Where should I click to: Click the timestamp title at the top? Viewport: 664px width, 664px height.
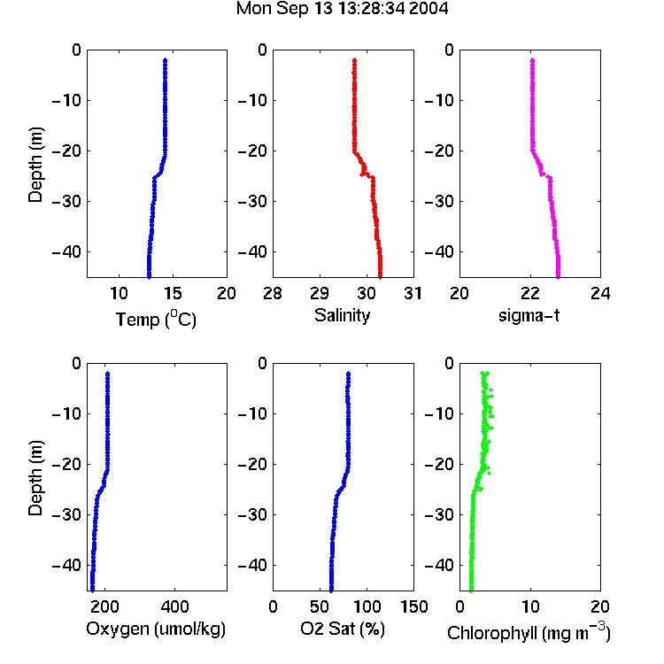[x=342, y=9]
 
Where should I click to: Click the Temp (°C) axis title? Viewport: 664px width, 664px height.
[x=156, y=319]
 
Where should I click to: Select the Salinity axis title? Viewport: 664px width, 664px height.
[x=342, y=315]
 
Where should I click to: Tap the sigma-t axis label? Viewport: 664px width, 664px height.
[x=529, y=315]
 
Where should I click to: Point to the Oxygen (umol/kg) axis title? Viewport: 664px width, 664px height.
[x=156, y=629]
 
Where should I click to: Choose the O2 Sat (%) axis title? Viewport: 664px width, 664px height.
[x=343, y=629]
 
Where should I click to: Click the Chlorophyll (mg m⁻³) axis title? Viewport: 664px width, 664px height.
[x=529, y=632]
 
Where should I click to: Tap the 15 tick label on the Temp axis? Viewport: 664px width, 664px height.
[x=173, y=293]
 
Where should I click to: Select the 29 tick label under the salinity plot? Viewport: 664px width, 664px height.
[x=320, y=293]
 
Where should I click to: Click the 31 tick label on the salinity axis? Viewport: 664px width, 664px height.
[x=413, y=293]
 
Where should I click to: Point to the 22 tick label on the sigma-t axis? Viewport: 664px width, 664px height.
[x=530, y=293]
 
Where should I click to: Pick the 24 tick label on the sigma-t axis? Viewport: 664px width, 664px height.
[x=600, y=293]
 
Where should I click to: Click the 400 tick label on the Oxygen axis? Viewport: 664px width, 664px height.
[x=174, y=606]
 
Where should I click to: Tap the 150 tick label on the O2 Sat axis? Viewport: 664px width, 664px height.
[x=413, y=606]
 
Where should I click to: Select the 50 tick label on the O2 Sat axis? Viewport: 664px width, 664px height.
[x=320, y=606]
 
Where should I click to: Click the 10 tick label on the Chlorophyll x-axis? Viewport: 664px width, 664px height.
[x=530, y=606]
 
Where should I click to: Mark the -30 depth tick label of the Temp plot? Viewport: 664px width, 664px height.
[x=66, y=201]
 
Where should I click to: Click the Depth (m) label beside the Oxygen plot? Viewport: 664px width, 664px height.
[x=35, y=478]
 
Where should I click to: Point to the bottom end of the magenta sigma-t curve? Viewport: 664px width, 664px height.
[x=558, y=277]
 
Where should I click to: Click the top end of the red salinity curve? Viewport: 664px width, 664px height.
[x=354, y=60]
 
